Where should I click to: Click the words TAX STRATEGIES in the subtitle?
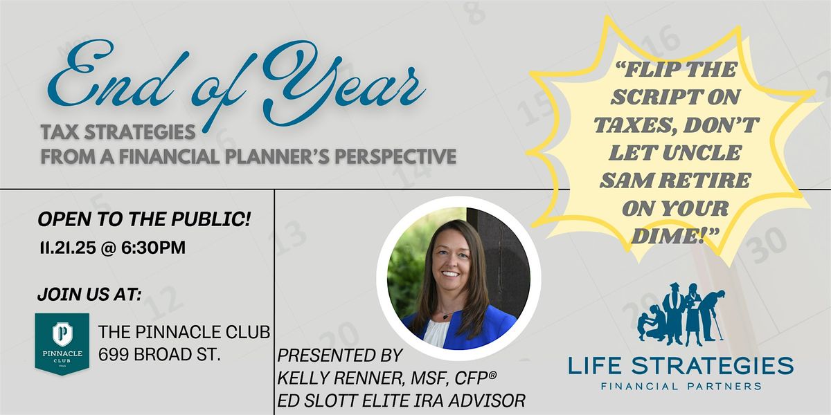point(117,131)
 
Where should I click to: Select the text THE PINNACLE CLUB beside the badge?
point(184,331)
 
